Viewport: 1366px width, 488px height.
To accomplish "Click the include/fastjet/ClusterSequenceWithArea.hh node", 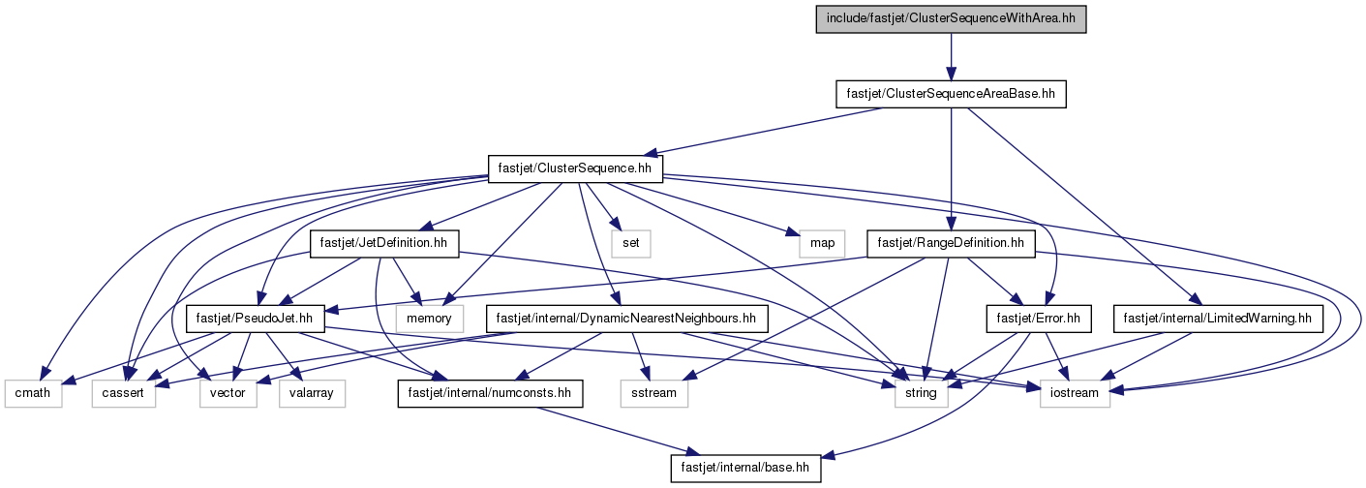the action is [951, 19].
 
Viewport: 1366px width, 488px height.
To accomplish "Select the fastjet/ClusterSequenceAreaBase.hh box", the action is [951, 94].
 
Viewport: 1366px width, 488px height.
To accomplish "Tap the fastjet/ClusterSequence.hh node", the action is [575, 168].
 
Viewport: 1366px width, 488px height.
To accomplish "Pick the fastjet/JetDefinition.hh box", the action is [384, 243].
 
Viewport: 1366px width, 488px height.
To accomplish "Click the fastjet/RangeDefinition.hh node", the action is [951, 243].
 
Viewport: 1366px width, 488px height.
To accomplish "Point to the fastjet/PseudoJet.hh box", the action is [255, 319].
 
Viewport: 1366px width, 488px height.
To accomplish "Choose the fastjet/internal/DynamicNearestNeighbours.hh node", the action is [626, 319].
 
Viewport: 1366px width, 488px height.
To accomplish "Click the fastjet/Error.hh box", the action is [1039, 319].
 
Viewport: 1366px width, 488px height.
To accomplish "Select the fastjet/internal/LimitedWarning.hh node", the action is [1218, 319].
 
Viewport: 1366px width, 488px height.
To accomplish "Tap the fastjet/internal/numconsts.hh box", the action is [490, 393].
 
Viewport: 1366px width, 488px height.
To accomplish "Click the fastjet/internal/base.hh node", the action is [745, 468].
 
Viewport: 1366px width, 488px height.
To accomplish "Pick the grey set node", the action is [631, 243].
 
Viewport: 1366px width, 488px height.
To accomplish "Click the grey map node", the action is [822, 243].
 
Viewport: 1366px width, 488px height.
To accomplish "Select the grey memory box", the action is [429, 319].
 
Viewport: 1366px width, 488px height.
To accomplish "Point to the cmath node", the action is [33, 393].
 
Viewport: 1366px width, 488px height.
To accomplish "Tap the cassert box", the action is [124, 393].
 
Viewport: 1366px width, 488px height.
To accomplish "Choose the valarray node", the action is [313, 393].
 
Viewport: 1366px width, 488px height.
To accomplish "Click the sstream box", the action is [654, 393].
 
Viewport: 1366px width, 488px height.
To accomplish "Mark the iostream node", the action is [1075, 393].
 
